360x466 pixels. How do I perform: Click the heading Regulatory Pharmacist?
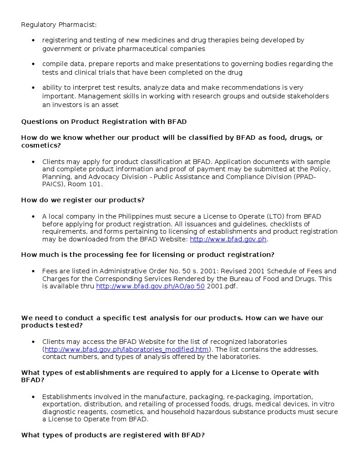[59, 24]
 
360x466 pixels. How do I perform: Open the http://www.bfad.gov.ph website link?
[228, 239]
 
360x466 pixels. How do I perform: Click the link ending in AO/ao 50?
[150, 287]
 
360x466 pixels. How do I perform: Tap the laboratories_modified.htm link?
[127, 349]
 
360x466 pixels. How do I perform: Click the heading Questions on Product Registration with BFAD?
[104, 122]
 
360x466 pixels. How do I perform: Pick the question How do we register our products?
[83, 200]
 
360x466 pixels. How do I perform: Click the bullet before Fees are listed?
[33, 271]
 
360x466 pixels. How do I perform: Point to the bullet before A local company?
[33, 216]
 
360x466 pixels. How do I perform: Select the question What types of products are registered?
[113, 435]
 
